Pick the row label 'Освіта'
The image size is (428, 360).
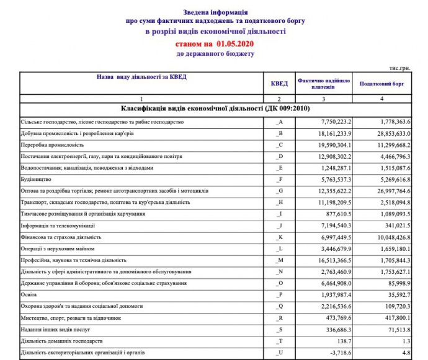click(29, 295)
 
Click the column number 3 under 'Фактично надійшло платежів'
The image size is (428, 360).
click(323, 99)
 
